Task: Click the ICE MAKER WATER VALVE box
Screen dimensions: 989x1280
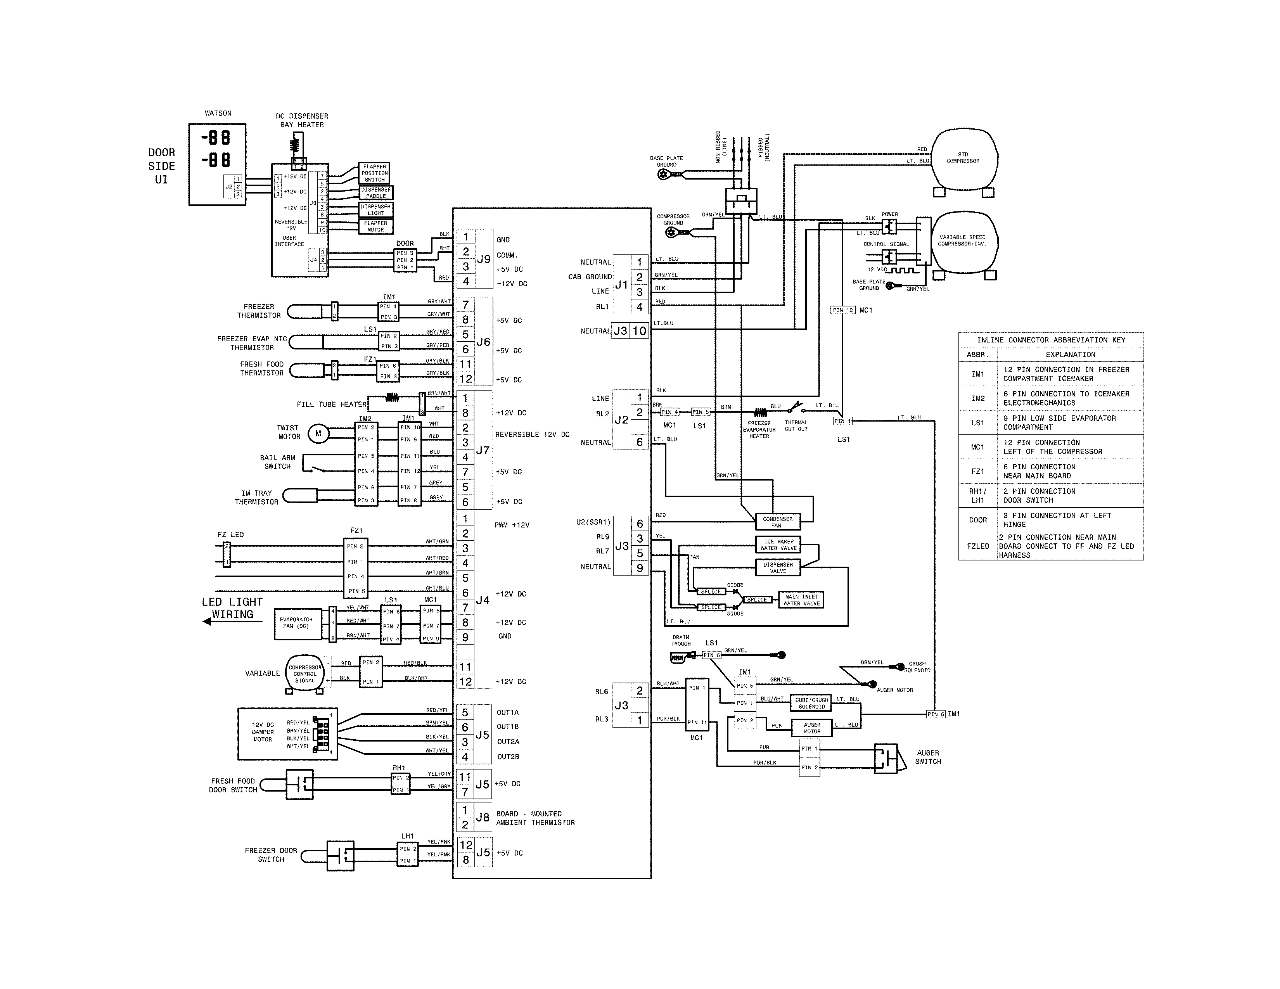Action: [778, 545]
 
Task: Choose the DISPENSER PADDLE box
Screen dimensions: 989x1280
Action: [376, 193]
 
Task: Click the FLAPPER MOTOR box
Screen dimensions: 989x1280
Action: [376, 226]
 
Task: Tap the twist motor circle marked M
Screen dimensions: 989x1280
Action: [318, 434]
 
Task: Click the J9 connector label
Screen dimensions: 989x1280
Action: [484, 259]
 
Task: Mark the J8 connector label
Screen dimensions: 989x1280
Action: [483, 817]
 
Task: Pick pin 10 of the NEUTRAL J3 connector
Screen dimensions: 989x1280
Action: [639, 331]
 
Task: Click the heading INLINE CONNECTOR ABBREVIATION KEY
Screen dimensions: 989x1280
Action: [1050, 340]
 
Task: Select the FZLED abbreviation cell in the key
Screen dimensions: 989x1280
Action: [977, 546]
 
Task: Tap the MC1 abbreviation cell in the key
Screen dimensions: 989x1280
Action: [977, 447]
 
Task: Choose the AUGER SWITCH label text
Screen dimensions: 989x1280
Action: [928, 757]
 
